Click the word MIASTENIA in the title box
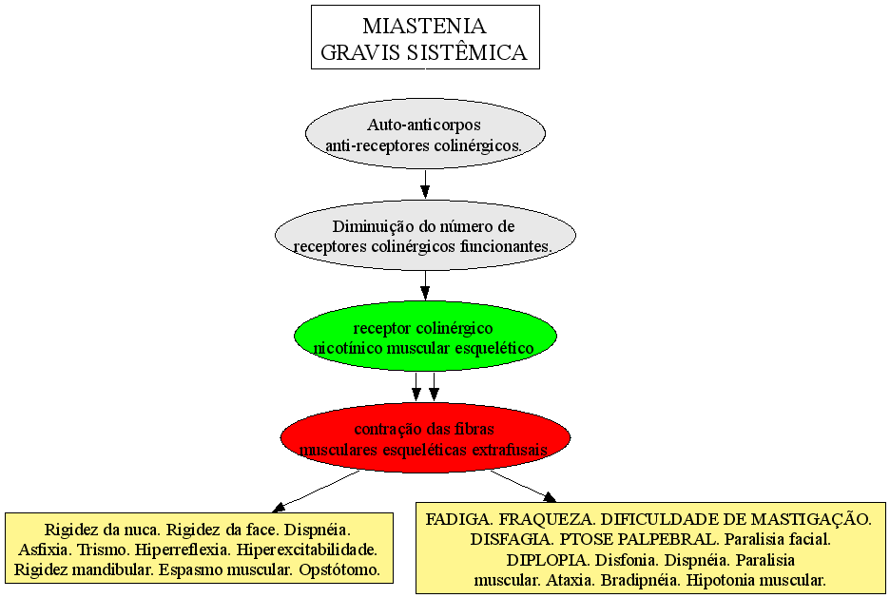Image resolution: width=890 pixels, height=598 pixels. [425, 26]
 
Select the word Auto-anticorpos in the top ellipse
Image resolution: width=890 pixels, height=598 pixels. [424, 125]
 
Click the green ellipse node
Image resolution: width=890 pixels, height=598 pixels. [425, 337]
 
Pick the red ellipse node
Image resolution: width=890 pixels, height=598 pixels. [425, 437]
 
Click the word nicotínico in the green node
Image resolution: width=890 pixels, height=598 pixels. [348, 348]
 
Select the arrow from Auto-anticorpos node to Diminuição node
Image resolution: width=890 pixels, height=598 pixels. [425, 183]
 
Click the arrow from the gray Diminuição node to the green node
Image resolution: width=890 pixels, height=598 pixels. [425, 285]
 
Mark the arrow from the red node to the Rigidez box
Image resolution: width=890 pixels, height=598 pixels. [316, 491]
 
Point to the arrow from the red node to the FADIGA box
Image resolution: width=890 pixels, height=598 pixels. [523, 486]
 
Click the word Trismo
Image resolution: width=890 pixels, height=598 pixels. [97, 550]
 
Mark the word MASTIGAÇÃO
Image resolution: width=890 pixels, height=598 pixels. [811, 519]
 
